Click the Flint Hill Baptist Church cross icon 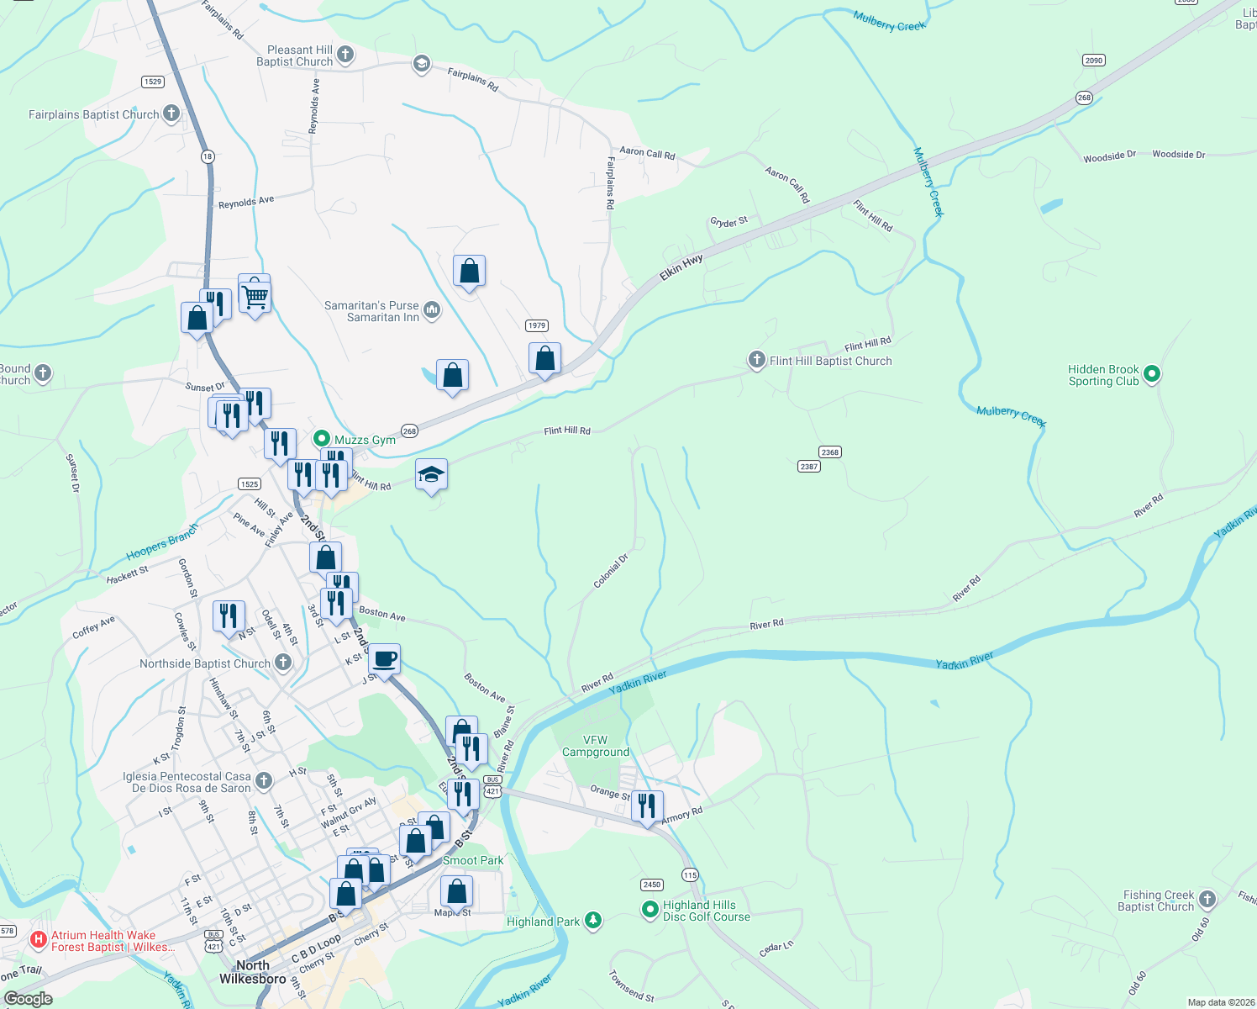(756, 360)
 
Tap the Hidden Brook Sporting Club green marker (1152, 374)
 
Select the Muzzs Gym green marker (321, 439)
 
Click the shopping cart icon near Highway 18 (254, 295)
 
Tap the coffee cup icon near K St (385, 659)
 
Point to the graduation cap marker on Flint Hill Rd (431, 475)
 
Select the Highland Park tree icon (593, 921)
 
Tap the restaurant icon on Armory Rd (646, 806)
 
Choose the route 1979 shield (537, 325)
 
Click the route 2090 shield (1093, 61)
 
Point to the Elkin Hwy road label (681, 267)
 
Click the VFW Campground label (595, 746)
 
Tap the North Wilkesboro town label (252, 971)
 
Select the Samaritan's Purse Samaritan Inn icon (431, 310)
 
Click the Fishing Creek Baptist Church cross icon (1207, 900)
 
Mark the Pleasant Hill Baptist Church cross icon (345, 55)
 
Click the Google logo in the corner (29, 998)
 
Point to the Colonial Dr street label (611, 571)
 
